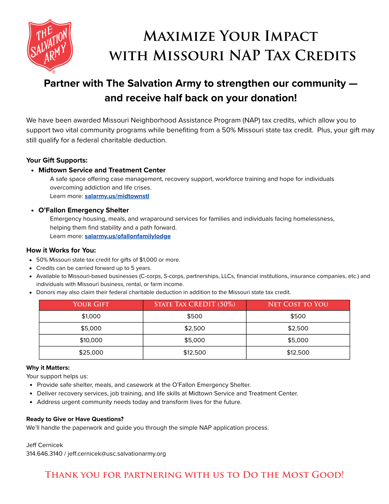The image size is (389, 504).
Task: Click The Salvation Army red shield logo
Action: (x=50, y=45)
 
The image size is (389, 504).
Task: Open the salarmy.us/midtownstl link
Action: (x=117, y=196)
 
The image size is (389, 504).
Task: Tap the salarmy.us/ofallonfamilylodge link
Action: (x=128, y=236)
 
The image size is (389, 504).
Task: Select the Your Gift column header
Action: (x=91, y=304)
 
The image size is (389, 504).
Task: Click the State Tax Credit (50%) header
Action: (x=195, y=304)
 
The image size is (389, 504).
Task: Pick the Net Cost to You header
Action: (x=298, y=304)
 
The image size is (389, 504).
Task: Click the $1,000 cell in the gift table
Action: (x=91, y=316)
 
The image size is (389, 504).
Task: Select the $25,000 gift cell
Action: (x=91, y=353)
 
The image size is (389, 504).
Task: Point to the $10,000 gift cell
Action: (x=91, y=340)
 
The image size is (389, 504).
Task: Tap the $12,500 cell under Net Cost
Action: (x=298, y=353)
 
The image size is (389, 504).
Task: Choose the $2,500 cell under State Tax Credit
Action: (x=195, y=328)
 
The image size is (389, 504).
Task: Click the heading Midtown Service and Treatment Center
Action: (x=102, y=170)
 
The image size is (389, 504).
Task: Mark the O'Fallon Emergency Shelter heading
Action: (x=84, y=210)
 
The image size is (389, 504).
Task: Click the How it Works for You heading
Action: (x=61, y=250)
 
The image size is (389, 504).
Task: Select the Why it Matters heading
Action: (x=48, y=368)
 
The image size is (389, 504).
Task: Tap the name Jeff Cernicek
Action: (x=45, y=445)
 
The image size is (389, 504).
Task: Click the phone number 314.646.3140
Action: (x=44, y=454)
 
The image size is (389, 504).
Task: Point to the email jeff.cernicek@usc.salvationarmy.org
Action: (x=117, y=454)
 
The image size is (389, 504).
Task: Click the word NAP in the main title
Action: (x=244, y=55)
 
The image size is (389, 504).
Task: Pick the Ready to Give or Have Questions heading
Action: (x=75, y=419)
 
